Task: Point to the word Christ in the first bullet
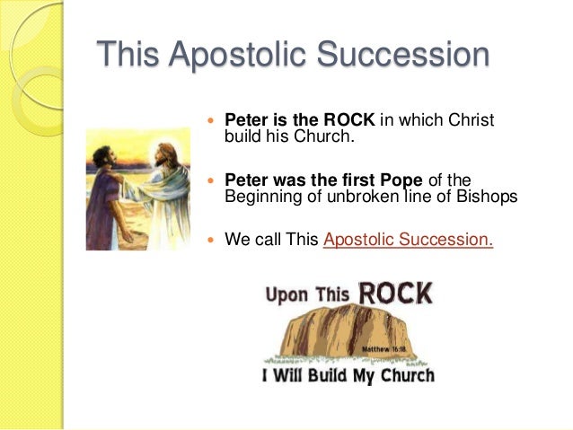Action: (472, 120)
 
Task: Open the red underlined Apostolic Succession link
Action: (408, 240)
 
